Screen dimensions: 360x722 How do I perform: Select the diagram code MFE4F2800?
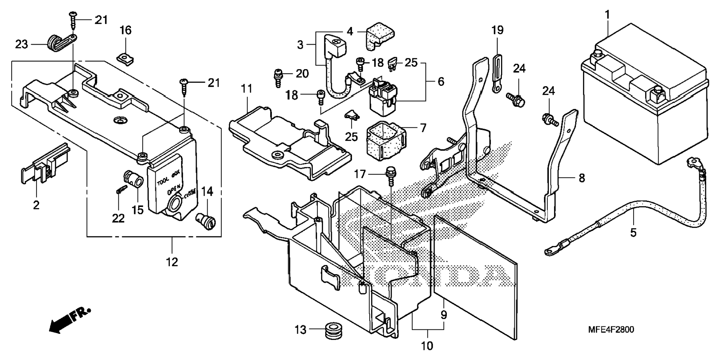tap(611, 330)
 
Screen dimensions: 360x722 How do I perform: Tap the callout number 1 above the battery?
tap(607, 15)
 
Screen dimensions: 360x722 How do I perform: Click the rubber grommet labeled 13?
tap(333, 330)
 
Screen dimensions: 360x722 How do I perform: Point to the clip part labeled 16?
tap(125, 58)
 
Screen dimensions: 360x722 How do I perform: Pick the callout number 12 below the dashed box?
tap(172, 262)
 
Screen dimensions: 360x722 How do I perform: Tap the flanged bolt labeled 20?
tap(278, 77)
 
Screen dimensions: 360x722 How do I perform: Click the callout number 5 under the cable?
tap(633, 233)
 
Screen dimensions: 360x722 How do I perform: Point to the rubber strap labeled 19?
tap(497, 73)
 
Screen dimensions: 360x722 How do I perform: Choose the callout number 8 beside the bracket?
tap(582, 178)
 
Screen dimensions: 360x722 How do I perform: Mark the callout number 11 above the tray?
tap(246, 89)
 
